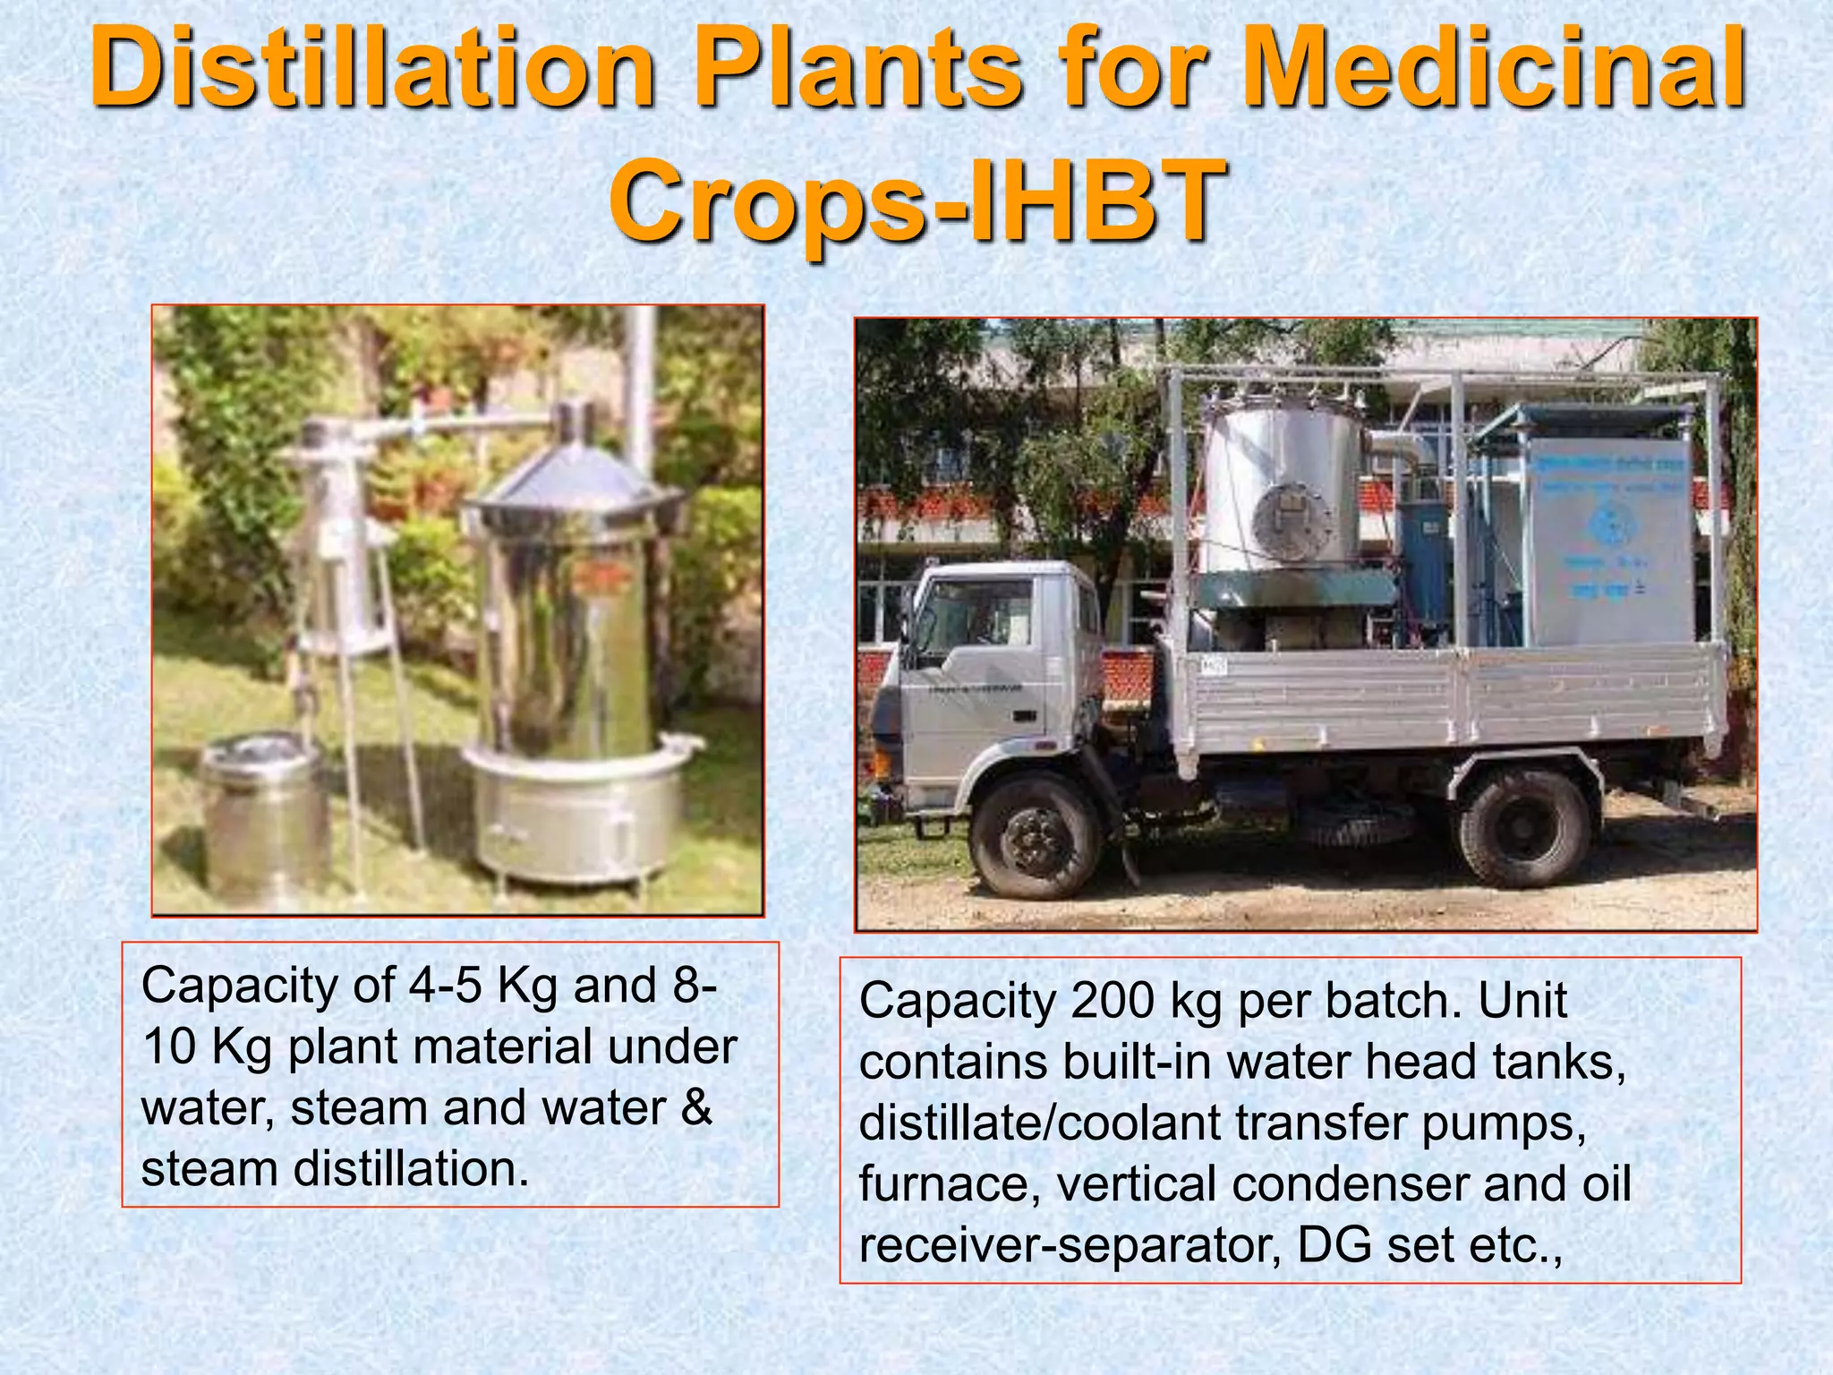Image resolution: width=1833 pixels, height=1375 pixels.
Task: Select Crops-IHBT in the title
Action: coord(916,202)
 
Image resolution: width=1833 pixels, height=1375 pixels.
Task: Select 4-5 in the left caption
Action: coord(446,986)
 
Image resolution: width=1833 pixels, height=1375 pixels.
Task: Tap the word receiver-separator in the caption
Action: coord(1070,1245)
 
